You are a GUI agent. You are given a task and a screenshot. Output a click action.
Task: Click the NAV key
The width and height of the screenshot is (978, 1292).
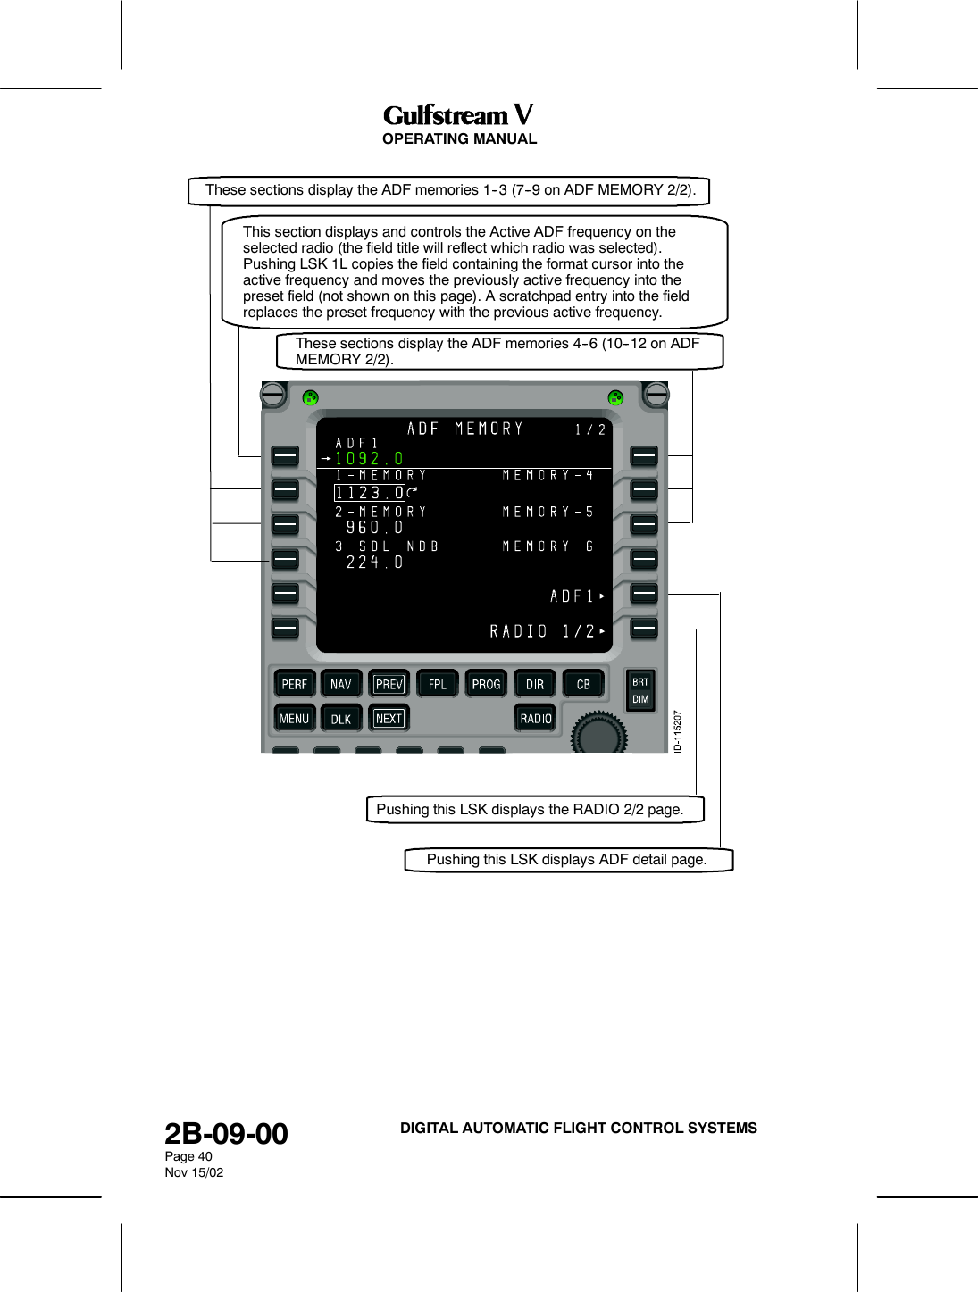tap(340, 684)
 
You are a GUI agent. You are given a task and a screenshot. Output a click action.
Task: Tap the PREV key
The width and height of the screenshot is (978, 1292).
tap(389, 684)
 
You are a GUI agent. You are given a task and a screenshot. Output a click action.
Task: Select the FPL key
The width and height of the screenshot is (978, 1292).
tap(437, 684)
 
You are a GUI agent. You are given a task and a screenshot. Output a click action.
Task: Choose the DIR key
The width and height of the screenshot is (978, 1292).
tap(534, 684)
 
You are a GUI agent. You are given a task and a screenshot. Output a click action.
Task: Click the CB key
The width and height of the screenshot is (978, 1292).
tap(583, 684)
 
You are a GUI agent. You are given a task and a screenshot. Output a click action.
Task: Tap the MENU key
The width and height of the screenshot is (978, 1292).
tap(294, 718)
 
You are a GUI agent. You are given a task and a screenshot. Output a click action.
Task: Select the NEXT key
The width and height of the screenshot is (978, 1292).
tap(389, 718)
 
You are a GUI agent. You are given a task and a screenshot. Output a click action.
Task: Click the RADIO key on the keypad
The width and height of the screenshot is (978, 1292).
tap(535, 718)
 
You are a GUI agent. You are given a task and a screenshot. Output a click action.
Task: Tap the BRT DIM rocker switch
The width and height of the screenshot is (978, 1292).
tap(640, 690)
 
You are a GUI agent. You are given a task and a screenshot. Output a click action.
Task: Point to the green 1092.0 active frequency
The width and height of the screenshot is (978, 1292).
tap(369, 459)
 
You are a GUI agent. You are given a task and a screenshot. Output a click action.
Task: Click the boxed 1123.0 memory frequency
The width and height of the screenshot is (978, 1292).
tap(369, 493)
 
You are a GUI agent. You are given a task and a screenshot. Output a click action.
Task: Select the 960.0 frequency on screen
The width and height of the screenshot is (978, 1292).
tap(374, 528)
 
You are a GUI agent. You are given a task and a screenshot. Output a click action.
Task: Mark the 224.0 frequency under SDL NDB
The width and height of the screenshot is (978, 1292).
tap(374, 563)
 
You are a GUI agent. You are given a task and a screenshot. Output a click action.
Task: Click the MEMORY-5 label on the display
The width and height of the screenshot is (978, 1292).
tap(548, 512)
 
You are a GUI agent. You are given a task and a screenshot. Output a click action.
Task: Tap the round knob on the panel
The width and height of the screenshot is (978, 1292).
tap(599, 734)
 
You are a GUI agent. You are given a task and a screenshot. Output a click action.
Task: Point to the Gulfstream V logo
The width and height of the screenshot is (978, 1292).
tap(459, 115)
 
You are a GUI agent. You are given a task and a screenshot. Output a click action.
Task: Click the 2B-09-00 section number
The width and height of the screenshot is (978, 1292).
tap(226, 1134)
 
